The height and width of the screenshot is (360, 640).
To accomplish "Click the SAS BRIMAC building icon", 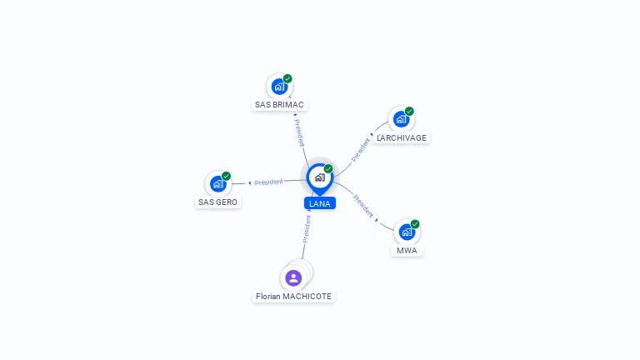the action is coord(279,87).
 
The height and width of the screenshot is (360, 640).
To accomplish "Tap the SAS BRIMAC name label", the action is coord(279,105).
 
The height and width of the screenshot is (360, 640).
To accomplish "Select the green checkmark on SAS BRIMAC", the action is coord(287,78).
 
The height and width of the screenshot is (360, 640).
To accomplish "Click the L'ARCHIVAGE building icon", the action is coord(401,119).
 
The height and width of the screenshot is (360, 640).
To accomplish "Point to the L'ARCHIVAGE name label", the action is coord(402,138).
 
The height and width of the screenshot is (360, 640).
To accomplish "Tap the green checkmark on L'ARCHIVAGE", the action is coord(409,111).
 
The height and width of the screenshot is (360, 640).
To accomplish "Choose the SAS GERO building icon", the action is coord(218,184).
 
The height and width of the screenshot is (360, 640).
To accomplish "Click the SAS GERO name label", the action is coord(218,202).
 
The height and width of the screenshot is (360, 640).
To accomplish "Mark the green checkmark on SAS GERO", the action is coord(226,176).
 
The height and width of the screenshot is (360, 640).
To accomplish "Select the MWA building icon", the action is coord(407,232).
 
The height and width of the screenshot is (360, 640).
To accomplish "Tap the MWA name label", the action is coord(407,251).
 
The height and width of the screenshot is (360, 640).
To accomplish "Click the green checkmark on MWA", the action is coord(415,224).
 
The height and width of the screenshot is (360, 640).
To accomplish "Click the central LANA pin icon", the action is coord(320,178).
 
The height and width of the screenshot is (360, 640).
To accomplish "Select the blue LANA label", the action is coord(320,203).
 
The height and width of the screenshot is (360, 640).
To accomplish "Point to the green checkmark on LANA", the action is coord(328,168).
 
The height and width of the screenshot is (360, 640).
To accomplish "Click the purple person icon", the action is coord(293,278).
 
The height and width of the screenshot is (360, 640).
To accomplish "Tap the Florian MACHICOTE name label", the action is coord(293,297).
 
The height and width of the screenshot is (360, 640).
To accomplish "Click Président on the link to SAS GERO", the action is coord(268,182).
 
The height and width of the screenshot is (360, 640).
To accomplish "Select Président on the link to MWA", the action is coord(362,206).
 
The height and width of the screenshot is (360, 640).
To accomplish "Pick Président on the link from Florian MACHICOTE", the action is coord(307,229).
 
